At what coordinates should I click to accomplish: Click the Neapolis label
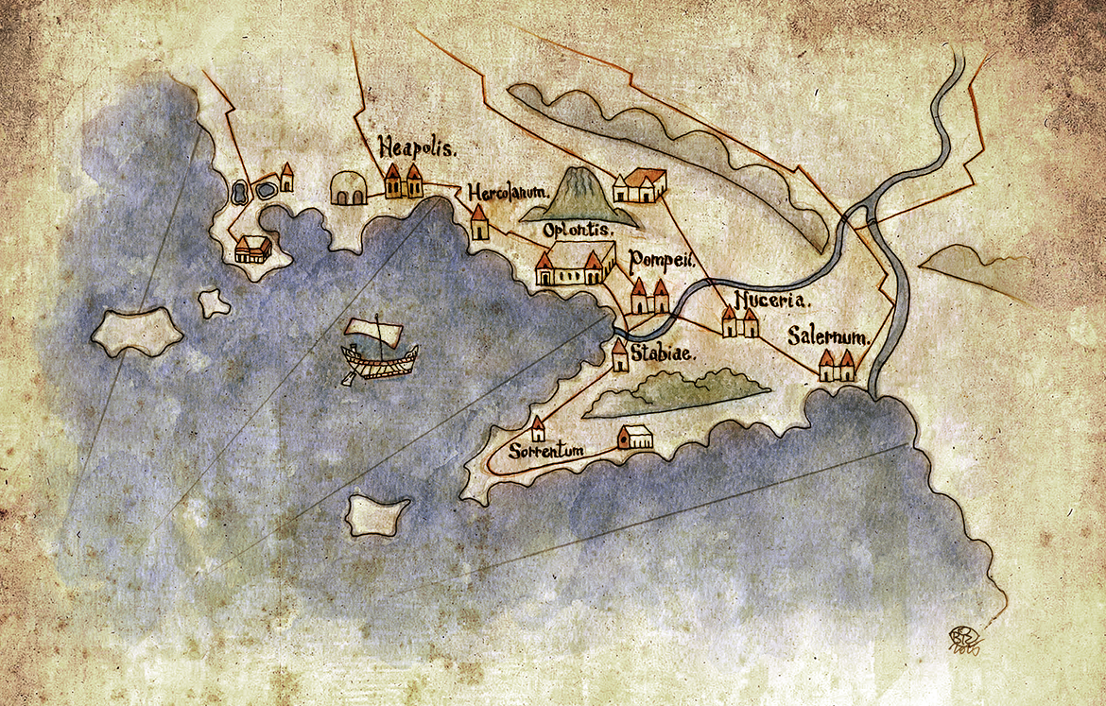coord(418,148)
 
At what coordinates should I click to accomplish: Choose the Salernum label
coord(828,337)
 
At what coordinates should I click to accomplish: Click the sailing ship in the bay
coord(379,354)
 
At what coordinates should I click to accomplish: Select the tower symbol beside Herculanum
coord(479,223)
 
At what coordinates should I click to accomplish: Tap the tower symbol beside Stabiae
coord(619,355)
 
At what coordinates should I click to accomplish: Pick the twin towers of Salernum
coord(836,365)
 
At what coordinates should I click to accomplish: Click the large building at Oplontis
coord(570,268)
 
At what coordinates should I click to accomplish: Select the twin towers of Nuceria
coord(739,321)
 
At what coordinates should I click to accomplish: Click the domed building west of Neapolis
coord(348,188)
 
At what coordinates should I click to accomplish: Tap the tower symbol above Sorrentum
coord(538,429)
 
